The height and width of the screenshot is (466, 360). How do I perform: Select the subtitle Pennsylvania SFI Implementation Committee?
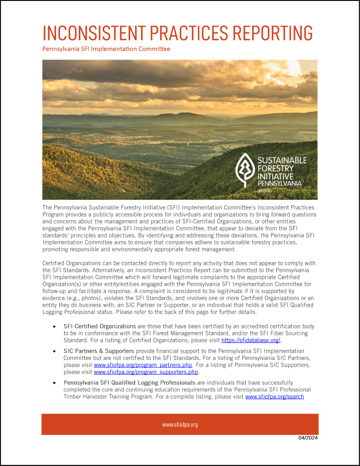106,49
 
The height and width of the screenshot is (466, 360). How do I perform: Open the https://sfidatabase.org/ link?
251,340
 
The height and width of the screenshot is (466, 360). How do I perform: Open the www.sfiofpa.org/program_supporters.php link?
146,372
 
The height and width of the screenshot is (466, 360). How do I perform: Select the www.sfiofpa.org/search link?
274,396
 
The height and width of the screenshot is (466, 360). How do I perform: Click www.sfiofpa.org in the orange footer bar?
180,425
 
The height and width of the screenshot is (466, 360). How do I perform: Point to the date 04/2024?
308,438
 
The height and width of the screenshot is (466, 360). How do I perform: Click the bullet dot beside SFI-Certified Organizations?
55,327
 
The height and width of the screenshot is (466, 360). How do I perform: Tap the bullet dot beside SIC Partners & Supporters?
55,351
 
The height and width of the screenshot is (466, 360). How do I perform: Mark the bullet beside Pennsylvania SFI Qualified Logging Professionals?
55,383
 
